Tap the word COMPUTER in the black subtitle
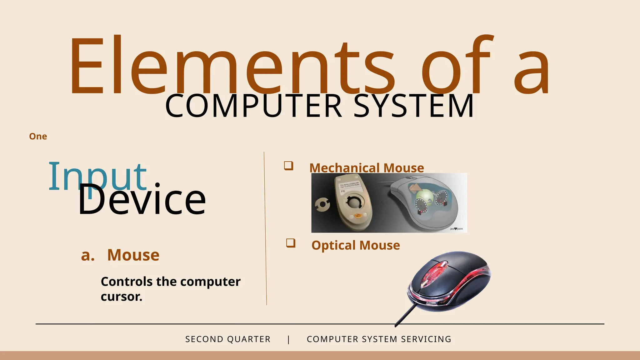coord(253,106)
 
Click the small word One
coord(38,137)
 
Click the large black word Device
coord(142,200)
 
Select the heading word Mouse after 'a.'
coord(133,255)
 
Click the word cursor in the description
coord(121,297)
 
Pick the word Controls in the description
coord(127,282)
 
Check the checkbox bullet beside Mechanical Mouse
coord(288,166)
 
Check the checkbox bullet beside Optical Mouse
coord(291,243)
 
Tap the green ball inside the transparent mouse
coord(424,197)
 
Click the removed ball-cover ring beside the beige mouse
coord(322,205)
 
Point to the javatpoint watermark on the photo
coord(456,229)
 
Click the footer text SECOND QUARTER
coord(228,339)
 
